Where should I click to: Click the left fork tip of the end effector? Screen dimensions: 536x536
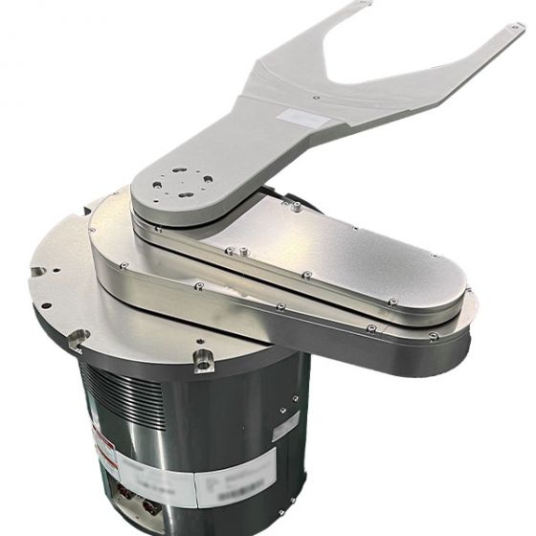pyautogui.click(x=362, y=6)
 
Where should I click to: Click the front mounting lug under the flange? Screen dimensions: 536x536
pyautogui.click(x=203, y=360)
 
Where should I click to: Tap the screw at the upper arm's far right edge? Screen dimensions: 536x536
pyautogui.click(x=463, y=285)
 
